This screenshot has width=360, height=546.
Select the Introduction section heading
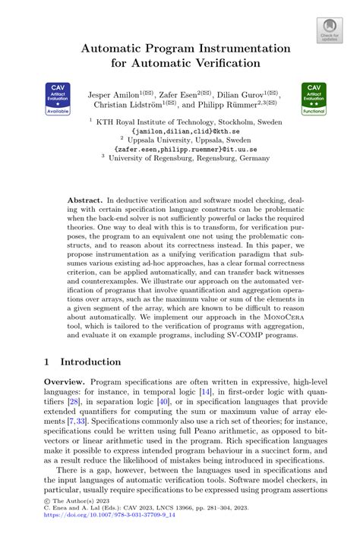99,362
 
